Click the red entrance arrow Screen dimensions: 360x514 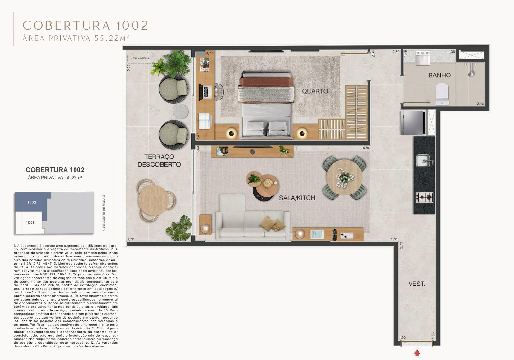click(x=417, y=353)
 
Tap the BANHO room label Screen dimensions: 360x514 click(x=439, y=75)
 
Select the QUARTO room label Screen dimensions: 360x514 click(x=315, y=91)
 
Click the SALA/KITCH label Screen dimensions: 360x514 click(x=297, y=198)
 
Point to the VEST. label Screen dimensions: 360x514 click(x=417, y=284)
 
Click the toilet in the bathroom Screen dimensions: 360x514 click(x=442, y=93)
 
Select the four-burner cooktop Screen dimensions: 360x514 click(x=424, y=197)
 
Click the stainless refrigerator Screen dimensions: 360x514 click(x=412, y=122)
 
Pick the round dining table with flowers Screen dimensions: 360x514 click(x=344, y=177)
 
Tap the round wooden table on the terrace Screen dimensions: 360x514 click(x=154, y=201)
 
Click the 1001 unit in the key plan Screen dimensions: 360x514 click(x=30, y=222)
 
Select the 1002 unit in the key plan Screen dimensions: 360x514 click(x=32, y=202)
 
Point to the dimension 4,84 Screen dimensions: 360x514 click(x=366, y=148)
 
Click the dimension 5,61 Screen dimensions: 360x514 click(x=394, y=239)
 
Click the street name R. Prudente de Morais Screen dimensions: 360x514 click(x=104, y=213)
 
